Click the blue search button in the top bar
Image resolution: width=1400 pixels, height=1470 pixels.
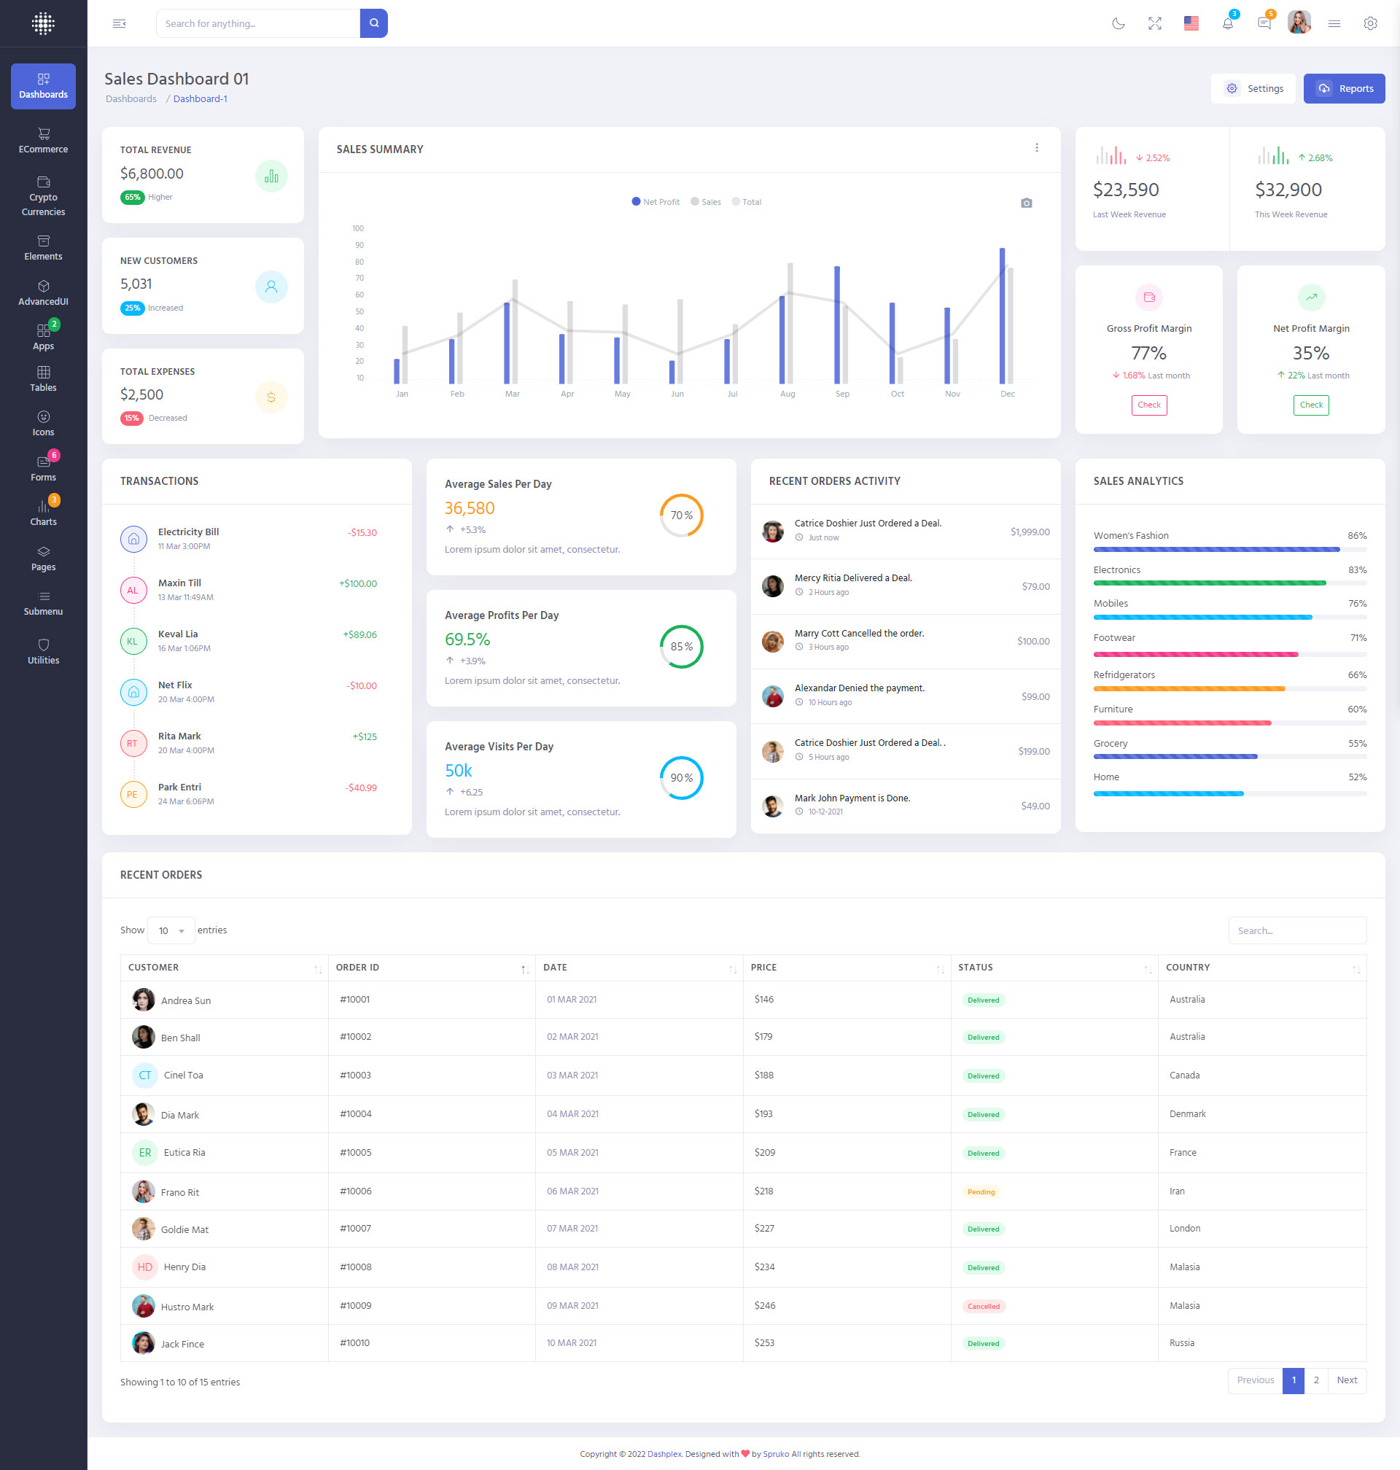[x=373, y=23]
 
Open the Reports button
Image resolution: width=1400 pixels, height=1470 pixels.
[x=1343, y=89]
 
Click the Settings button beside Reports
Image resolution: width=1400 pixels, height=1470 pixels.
[x=1253, y=89]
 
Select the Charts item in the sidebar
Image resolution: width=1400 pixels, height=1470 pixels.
[x=43, y=513]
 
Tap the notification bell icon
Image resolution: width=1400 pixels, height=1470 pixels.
[x=1227, y=23]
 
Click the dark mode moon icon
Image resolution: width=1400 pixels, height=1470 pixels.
[x=1118, y=23]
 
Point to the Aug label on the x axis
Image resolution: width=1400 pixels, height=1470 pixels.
[x=787, y=394]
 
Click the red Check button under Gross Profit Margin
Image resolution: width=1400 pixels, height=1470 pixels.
[x=1148, y=405]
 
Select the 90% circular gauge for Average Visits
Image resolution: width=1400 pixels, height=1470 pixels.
[x=680, y=777]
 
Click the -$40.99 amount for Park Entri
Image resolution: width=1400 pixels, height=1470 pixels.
[x=361, y=788]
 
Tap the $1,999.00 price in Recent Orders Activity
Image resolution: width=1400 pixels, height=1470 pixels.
[x=1029, y=532]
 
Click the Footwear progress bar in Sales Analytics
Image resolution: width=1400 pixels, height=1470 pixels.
[x=1195, y=654]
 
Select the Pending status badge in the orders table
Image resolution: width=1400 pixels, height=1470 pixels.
[x=981, y=1191]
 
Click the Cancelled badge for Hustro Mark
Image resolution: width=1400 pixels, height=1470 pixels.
[x=983, y=1307]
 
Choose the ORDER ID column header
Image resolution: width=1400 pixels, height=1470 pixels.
[x=357, y=968]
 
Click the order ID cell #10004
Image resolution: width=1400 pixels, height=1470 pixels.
[x=355, y=1114]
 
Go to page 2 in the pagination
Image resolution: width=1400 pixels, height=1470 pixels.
[x=1315, y=1380]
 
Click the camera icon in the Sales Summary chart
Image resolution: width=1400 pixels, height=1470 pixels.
[x=1026, y=203]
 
